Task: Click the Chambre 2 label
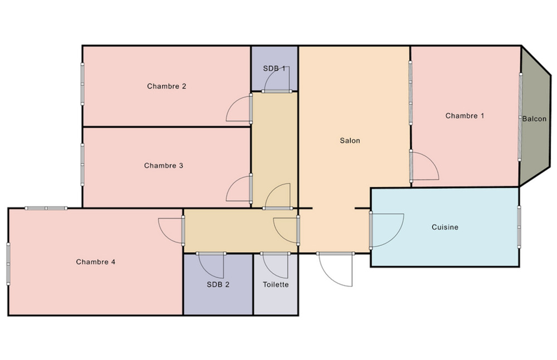point(167,86)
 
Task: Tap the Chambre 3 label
point(163,166)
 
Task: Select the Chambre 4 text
point(96,262)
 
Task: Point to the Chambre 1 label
point(465,115)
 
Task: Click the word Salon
point(350,140)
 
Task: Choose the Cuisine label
point(444,227)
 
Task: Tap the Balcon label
point(534,119)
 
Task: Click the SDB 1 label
point(274,68)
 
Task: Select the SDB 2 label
point(218,284)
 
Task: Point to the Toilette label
point(276,284)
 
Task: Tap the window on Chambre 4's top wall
point(46,208)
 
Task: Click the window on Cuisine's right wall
point(519,227)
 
